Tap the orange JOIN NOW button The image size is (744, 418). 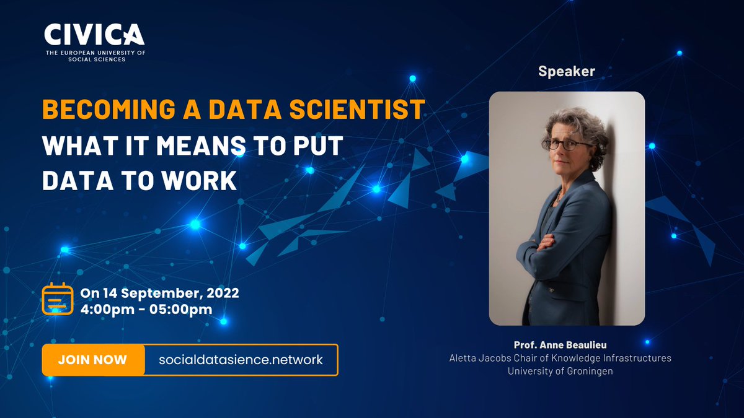click(x=92, y=360)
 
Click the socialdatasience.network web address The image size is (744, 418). click(x=241, y=360)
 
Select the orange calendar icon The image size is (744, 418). click(x=57, y=300)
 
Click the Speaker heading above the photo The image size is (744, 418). click(x=566, y=71)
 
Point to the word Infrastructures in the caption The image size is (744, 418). click(x=639, y=358)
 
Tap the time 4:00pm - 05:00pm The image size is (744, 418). click(x=147, y=308)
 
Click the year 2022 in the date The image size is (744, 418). click(x=223, y=292)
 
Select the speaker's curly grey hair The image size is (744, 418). click(x=573, y=121)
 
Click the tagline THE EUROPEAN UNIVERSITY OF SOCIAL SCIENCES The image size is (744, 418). click(x=95, y=56)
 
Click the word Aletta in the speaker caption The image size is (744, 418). click(x=463, y=358)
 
